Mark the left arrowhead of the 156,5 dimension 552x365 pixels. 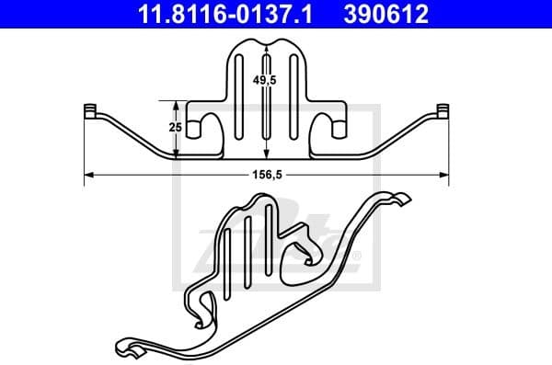pos(89,173)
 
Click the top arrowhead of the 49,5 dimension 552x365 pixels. pos(265,47)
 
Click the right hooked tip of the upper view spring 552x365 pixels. pos(443,112)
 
